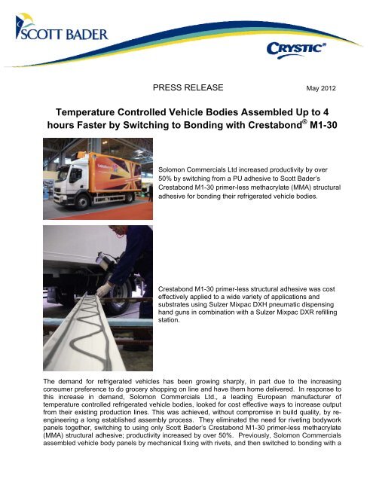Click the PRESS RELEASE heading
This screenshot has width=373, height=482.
(188, 87)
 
